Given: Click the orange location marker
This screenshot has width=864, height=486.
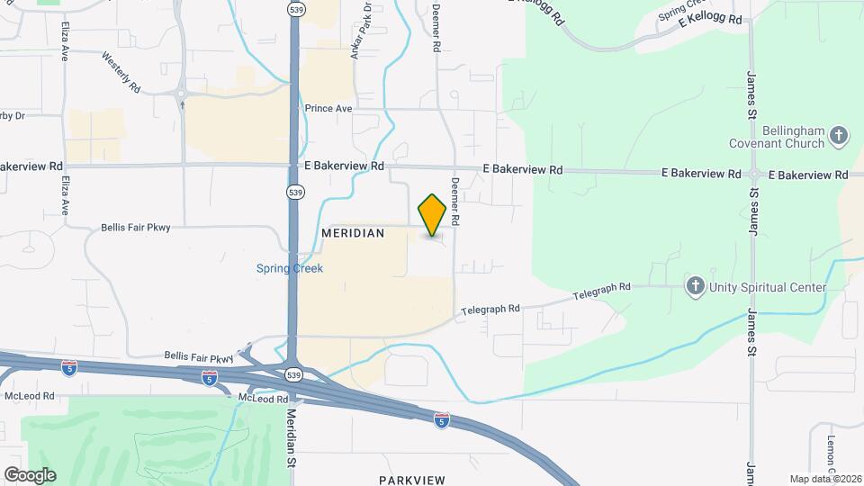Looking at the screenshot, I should [432, 215].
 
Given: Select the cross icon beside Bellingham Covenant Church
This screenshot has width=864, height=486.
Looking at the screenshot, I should [839, 137].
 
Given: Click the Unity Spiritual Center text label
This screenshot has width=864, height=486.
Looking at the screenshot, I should [768, 287].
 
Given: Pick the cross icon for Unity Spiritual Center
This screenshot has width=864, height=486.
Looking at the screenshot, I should [695, 287].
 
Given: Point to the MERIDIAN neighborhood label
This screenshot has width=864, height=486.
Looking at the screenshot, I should [353, 233].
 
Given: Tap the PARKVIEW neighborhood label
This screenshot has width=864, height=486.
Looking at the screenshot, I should [412, 480].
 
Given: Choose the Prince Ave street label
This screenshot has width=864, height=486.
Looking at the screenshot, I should [328, 109].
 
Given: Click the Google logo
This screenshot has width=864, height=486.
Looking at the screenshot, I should [29, 475].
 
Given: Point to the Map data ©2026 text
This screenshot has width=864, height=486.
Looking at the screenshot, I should [825, 479].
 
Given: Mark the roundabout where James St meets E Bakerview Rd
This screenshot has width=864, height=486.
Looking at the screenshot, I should [752, 174].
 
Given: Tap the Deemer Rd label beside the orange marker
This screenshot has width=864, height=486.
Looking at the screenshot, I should [455, 201].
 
